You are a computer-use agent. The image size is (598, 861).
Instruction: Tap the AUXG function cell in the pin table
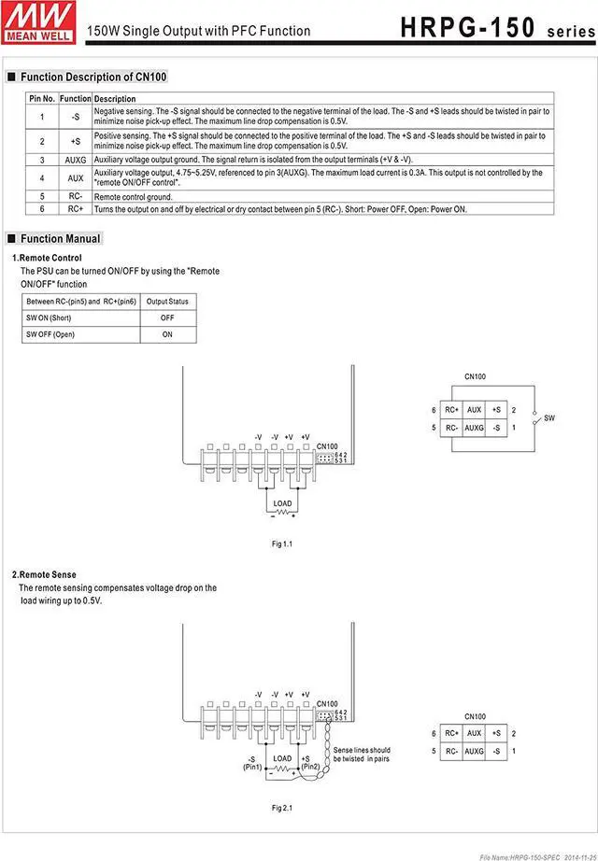tap(75, 160)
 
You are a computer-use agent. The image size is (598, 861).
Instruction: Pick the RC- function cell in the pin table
tap(75, 197)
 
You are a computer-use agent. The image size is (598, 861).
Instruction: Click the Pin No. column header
tap(42, 98)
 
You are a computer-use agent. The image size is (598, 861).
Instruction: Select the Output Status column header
tap(167, 301)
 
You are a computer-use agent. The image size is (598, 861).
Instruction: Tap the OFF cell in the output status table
tap(167, 318)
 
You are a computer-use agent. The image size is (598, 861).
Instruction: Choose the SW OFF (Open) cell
tap(50, 334)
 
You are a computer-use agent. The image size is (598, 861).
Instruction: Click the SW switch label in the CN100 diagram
tap(549, 418)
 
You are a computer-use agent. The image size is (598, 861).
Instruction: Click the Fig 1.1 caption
tap(282, 543)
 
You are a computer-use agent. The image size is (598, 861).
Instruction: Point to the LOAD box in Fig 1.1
tap(282, 503)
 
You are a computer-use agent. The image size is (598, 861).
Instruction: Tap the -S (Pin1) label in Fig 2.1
tap(252, 763)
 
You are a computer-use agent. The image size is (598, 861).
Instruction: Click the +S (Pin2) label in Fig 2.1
tap(311, 763)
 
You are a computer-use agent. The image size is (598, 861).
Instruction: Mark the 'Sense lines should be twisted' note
tap(362, 755)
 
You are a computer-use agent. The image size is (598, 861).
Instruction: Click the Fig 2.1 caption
tap(282, 807)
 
